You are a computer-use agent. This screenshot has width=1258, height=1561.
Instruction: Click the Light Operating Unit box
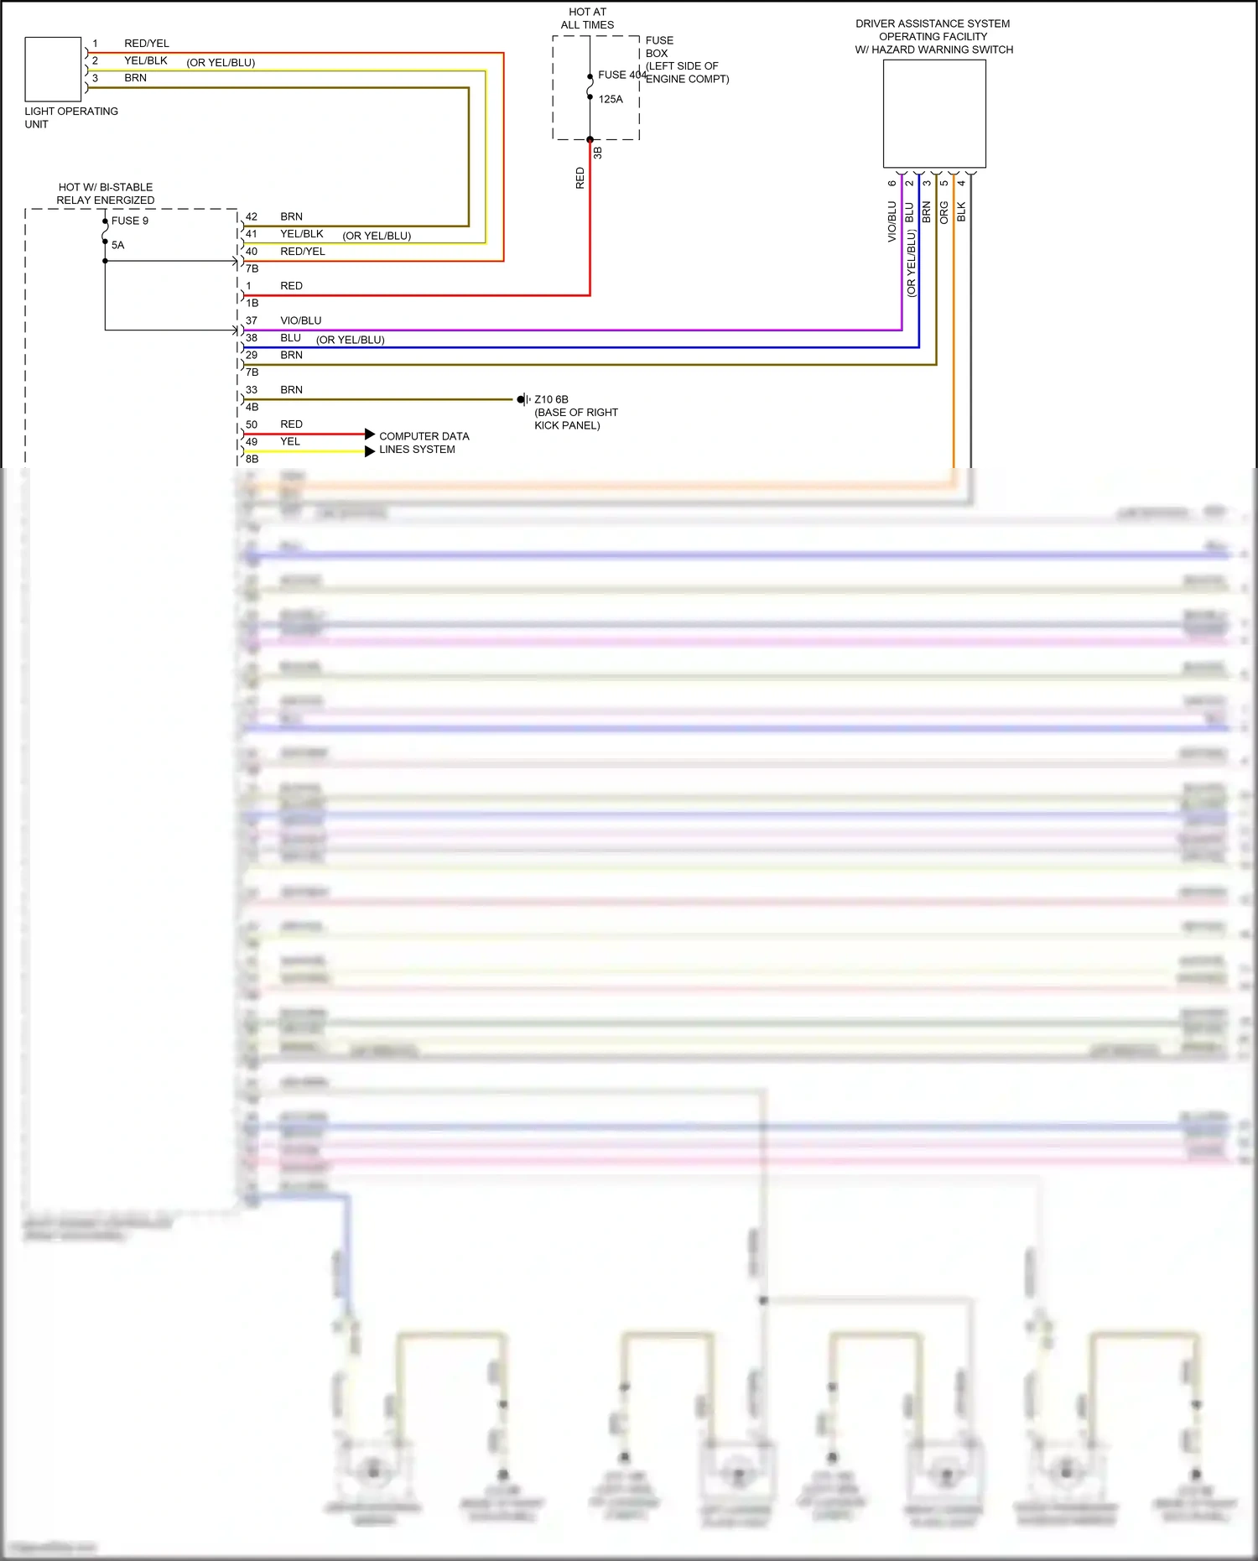53,70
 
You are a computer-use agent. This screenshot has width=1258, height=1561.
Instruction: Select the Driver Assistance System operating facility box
934,113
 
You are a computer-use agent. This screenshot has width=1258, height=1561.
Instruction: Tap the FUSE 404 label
621,75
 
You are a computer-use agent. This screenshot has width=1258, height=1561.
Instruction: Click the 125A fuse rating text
611,99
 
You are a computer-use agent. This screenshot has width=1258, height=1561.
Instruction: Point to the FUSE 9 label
130,221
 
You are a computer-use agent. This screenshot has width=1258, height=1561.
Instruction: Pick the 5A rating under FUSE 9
117,245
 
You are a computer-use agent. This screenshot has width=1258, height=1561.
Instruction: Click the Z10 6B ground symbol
523,399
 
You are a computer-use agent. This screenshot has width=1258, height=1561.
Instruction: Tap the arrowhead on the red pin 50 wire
370,434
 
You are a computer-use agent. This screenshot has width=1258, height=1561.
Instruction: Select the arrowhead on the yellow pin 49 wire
370,451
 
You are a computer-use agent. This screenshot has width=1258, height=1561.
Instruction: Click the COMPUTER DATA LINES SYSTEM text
424,443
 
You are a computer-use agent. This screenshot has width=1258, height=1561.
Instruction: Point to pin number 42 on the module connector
252,216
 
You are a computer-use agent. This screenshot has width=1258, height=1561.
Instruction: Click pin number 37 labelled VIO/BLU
252,320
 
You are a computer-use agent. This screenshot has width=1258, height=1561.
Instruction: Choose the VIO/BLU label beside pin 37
300,320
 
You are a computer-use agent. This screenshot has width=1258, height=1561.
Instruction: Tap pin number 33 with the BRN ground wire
252,390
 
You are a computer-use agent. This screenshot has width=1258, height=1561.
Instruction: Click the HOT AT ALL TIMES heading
587,18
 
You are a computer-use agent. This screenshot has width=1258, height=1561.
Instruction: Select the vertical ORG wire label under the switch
943,212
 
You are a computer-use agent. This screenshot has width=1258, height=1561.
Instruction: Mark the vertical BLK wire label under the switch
961,212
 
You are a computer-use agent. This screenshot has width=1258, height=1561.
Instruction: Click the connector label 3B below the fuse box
598,153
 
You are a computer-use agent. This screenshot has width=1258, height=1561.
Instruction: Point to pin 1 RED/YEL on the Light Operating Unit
95,44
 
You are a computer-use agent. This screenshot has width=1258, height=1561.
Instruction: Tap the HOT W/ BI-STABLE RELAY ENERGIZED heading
106,194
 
